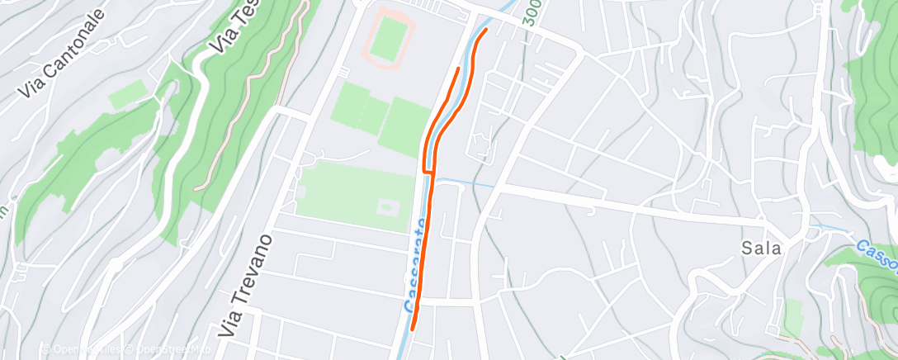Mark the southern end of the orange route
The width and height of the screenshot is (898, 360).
click(412, 329)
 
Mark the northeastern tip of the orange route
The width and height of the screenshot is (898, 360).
click(486, 30)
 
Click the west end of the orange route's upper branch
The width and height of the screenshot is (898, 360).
click(458, 68)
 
